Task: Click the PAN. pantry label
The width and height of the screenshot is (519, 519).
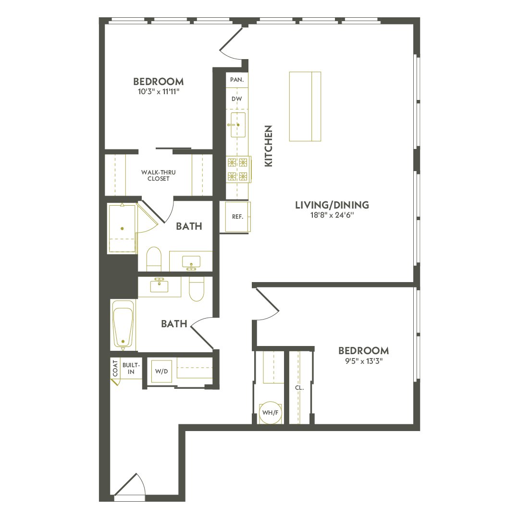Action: [236, 80]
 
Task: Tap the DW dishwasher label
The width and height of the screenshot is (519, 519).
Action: [236, 99]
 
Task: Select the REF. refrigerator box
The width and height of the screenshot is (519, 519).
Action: [237, 217]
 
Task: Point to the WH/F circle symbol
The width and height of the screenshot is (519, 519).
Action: [270, 412]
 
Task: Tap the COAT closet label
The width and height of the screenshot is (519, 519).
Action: [115, 369]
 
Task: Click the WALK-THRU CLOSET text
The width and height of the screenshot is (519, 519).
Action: [155, 175]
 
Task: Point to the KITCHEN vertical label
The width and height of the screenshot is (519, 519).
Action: [269, 146]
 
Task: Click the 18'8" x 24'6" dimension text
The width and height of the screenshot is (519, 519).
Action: [332, 215]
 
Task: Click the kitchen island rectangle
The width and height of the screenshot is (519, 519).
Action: [305, 106]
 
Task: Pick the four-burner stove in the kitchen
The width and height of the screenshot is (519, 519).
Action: [238, 169]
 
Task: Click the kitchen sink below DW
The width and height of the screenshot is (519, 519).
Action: [238, 124]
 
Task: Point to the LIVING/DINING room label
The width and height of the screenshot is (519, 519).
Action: [332, 205]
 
